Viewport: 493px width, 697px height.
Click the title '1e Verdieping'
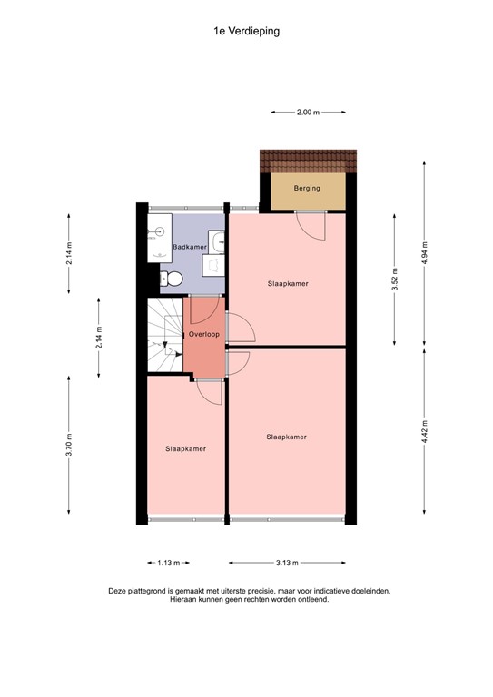[x=246, y=30]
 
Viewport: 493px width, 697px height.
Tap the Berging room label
[x=307, y=189]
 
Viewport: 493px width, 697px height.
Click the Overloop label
[x=204, y=334]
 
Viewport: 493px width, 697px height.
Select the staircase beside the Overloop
[x=164, y=337]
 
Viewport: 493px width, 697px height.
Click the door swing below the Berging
[x=311, y=225]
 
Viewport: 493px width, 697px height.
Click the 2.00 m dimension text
[x=308, y=112]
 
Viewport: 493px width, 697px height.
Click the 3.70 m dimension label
[x=69, y=449]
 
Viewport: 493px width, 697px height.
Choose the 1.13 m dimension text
[x=169, y=563]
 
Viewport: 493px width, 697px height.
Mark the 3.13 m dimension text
[x=287, y=563]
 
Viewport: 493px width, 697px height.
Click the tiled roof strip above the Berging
[x=309, y=162]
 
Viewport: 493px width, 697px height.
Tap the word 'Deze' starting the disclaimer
[x=118, y=591]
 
